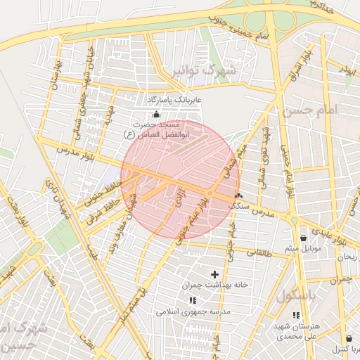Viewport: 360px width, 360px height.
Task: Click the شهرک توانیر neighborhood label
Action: tap(222, 71)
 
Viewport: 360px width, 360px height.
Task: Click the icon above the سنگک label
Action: tap(239, 195)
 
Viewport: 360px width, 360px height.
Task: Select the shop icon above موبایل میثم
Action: tap(303, 238)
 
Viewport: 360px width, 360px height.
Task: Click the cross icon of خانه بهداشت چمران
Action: tap(214, 274)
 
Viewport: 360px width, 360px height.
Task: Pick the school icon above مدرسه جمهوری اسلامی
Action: tap(193, 300)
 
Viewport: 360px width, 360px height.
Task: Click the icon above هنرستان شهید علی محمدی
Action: tap(296, 316)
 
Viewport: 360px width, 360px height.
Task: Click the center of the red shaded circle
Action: tap(180, 179)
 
